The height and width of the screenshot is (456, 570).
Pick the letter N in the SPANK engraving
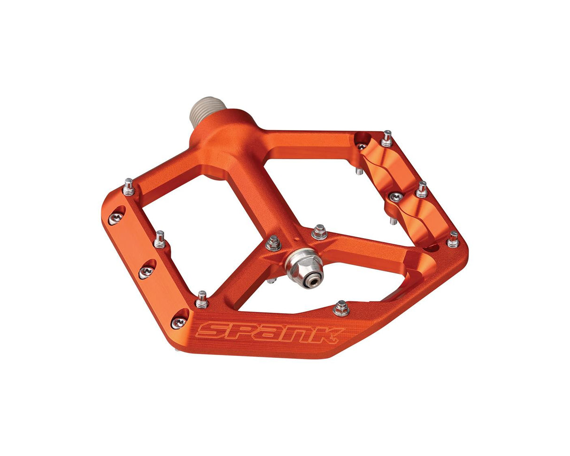coord(297,333)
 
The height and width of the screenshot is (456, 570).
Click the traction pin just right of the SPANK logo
coord(341,309)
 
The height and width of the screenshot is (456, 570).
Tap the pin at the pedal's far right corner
coord(453,240)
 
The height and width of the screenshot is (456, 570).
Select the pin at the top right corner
coord(387,139)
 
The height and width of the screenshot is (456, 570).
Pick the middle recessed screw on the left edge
coord(146,271)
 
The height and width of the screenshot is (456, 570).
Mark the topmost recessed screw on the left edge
coord(116,217)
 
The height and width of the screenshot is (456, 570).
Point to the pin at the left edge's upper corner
coord(129,187)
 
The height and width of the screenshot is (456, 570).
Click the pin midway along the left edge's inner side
coord(160,240)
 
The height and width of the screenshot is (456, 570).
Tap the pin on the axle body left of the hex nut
coord(273,243)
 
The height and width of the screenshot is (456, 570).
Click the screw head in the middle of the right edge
coord(396,197)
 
